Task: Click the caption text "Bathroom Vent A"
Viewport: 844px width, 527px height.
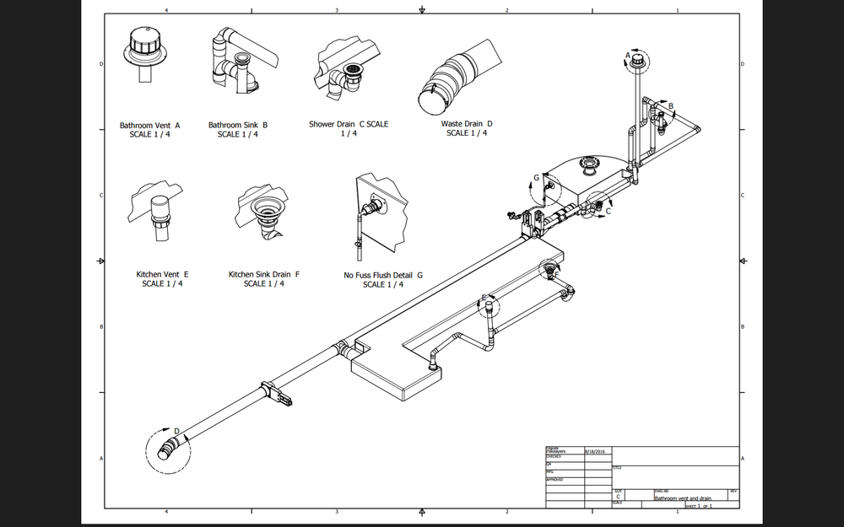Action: point(150,126)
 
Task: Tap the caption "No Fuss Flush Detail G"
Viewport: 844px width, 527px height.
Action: point(383,275)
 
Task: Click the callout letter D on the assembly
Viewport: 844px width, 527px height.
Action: point(177,432)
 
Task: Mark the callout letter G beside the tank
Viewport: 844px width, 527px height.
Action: point(536,178)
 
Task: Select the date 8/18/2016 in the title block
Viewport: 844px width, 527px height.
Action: point(584,452)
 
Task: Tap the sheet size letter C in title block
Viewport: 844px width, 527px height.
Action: point(619,497)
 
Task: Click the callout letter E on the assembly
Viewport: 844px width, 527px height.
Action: point(484,297)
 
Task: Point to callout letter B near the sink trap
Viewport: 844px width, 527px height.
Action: point(671,106)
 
